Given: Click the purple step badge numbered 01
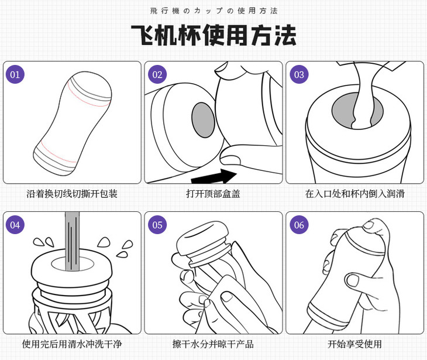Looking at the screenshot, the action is (x=15, y=74).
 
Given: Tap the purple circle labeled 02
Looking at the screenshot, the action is (x=157, y=74).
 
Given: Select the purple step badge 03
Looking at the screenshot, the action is (x=299, y=74).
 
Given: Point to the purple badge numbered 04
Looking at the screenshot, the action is (x=15, y=225).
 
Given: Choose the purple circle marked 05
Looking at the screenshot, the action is (x=157, y=225).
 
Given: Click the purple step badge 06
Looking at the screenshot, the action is (x=299, y=225).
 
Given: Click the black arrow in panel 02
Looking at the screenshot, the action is (x=214, y=175).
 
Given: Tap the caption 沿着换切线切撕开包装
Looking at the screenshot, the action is (x=72, y=194).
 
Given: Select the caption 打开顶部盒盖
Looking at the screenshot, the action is (x=213, y=194).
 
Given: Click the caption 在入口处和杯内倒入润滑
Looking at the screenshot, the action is (x=355, y=194).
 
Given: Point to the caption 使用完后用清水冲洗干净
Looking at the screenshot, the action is (x=72, y=344).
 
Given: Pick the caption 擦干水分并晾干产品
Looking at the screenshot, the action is (x=213, y=344).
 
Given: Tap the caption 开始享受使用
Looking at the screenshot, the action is (x=355, y=344).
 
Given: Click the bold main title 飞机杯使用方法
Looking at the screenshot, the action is (x=213, y=35).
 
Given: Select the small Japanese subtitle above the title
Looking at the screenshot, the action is (x=213, y=11).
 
